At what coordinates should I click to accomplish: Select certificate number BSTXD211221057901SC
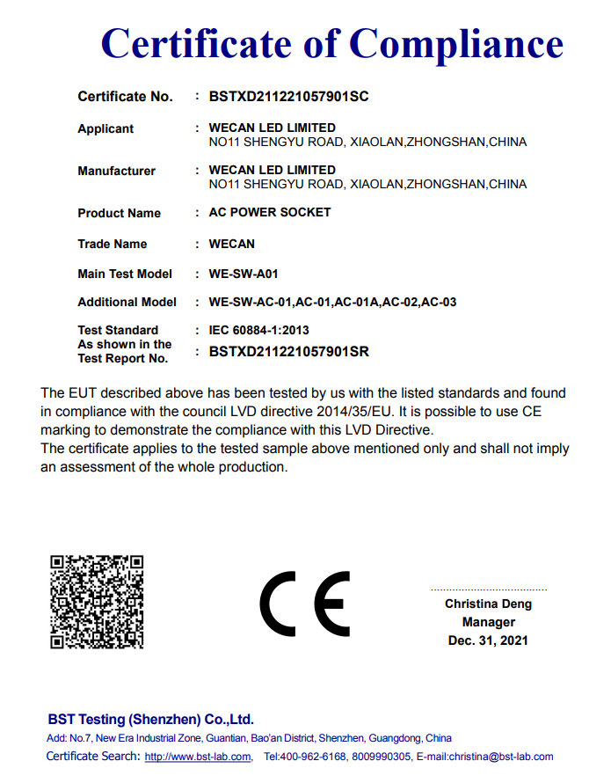[x=288, y=97]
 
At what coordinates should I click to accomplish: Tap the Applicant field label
[x=105, y=128]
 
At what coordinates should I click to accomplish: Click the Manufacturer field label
[x=116, y=171]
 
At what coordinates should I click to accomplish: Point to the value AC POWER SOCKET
[x=269, y=212]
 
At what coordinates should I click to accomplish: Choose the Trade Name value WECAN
[x=231, y=244]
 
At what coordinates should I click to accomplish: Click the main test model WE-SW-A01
[x=244, y=274]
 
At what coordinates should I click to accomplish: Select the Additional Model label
[x=127, y=302]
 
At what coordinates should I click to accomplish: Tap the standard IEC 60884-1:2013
[x=258, y=330]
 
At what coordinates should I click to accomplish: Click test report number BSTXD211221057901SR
[x=288, y=352]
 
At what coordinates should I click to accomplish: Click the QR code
[x=97, y=601]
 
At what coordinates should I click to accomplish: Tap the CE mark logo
[x=304, y=604]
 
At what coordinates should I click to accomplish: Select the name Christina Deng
[x=488, y=604]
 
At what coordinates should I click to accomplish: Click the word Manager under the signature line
[x=488, y=622]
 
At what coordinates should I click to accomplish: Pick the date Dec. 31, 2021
[x=488, y=640]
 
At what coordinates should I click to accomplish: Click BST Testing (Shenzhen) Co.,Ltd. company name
[x=150, y=719]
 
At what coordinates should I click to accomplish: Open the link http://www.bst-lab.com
[x=197, y=757]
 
